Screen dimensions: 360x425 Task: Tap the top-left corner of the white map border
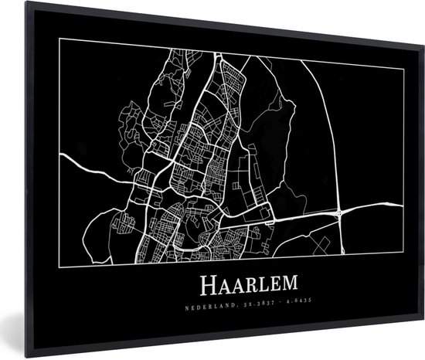coord(59,39)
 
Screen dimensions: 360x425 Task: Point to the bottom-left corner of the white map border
coord(59,265)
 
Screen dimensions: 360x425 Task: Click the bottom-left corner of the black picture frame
coord(25,357)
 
